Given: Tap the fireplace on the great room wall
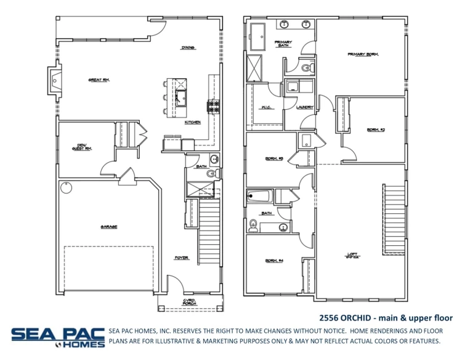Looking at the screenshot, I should [x=55, y=80].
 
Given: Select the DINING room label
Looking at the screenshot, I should [x=188, y=47].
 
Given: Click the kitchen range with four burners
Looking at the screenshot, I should [x=214, y=107].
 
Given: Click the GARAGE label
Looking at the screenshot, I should [x=108, y=226].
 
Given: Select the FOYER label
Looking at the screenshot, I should [x=182, y=258].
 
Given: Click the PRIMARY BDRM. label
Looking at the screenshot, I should [x=363, y=54].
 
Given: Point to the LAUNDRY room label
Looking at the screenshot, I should [x=304, y=107].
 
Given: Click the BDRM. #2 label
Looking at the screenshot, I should [x=376, y=129].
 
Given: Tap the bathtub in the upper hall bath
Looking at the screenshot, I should [x=259, y=197].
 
